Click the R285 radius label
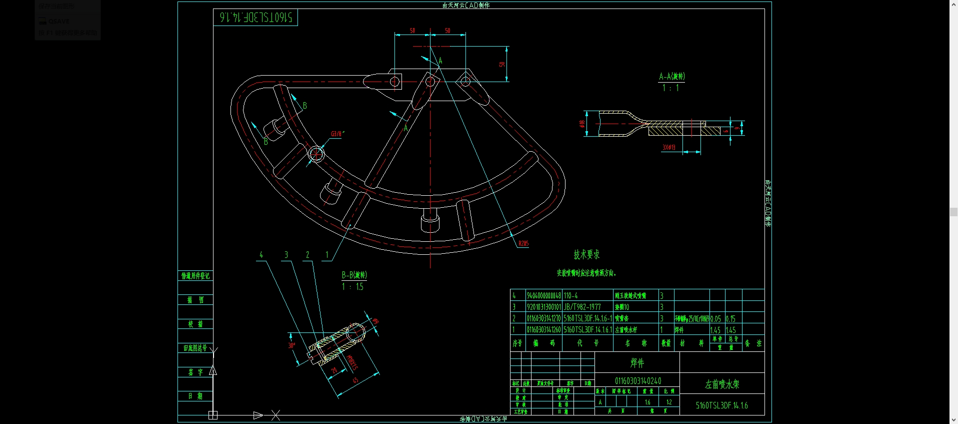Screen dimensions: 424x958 [x=523, y=243]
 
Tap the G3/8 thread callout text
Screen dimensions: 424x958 [x=337, y=134]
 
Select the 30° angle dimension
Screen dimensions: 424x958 [x=291, y=345]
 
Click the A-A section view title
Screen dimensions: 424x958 [x=671, y=77]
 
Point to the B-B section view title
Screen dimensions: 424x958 [x=354, y=275]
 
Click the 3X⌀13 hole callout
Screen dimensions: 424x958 [x=668, y=147]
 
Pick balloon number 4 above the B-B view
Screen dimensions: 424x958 [x=261, y=255]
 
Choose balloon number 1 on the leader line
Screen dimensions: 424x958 [x=327, y=255]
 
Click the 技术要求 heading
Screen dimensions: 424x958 [x=586, y=255]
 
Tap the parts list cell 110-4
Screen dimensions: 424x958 [x=570, y=296]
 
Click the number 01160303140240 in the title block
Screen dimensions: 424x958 [x=637, y=381]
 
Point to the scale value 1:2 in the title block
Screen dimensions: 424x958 [x=668, y=402]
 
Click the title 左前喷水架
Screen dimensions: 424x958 [x=721, y=384]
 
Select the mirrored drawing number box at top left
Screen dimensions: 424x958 [x=255, y=18]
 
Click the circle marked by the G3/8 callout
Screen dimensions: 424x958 [x=316, y=154]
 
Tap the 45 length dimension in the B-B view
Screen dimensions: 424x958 [x=355, y=380]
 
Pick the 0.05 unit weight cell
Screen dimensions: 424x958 [x=715, y=318]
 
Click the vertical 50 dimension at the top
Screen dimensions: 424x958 [x=502, y=64]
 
